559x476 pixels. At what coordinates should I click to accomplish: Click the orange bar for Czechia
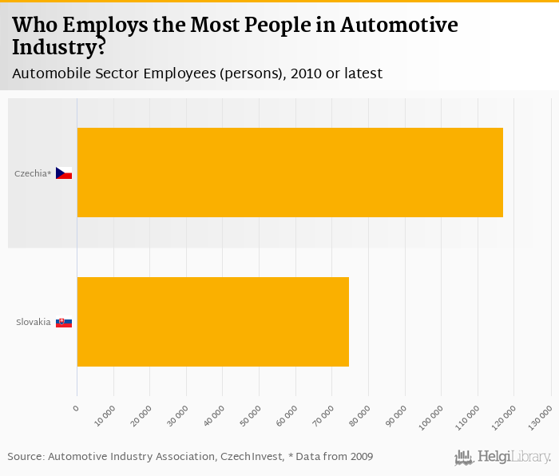[x=290, y=173]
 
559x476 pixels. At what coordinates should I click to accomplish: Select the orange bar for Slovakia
[x=212, y=322]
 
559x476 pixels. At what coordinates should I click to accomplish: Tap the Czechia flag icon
[x=64, y=173]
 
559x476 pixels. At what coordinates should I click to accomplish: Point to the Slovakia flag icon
[x=64, y=323]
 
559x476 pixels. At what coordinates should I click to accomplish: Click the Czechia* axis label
[x=33, y=173]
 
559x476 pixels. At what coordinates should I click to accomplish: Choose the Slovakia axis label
[x=34, y=323]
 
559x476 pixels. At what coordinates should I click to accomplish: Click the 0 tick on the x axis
[x=76, y=408]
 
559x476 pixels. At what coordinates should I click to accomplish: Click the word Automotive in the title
[x=399, y=25]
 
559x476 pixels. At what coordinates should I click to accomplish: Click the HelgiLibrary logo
[x=503, y=458]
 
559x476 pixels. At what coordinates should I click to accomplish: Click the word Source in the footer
[x=24, y=456]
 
